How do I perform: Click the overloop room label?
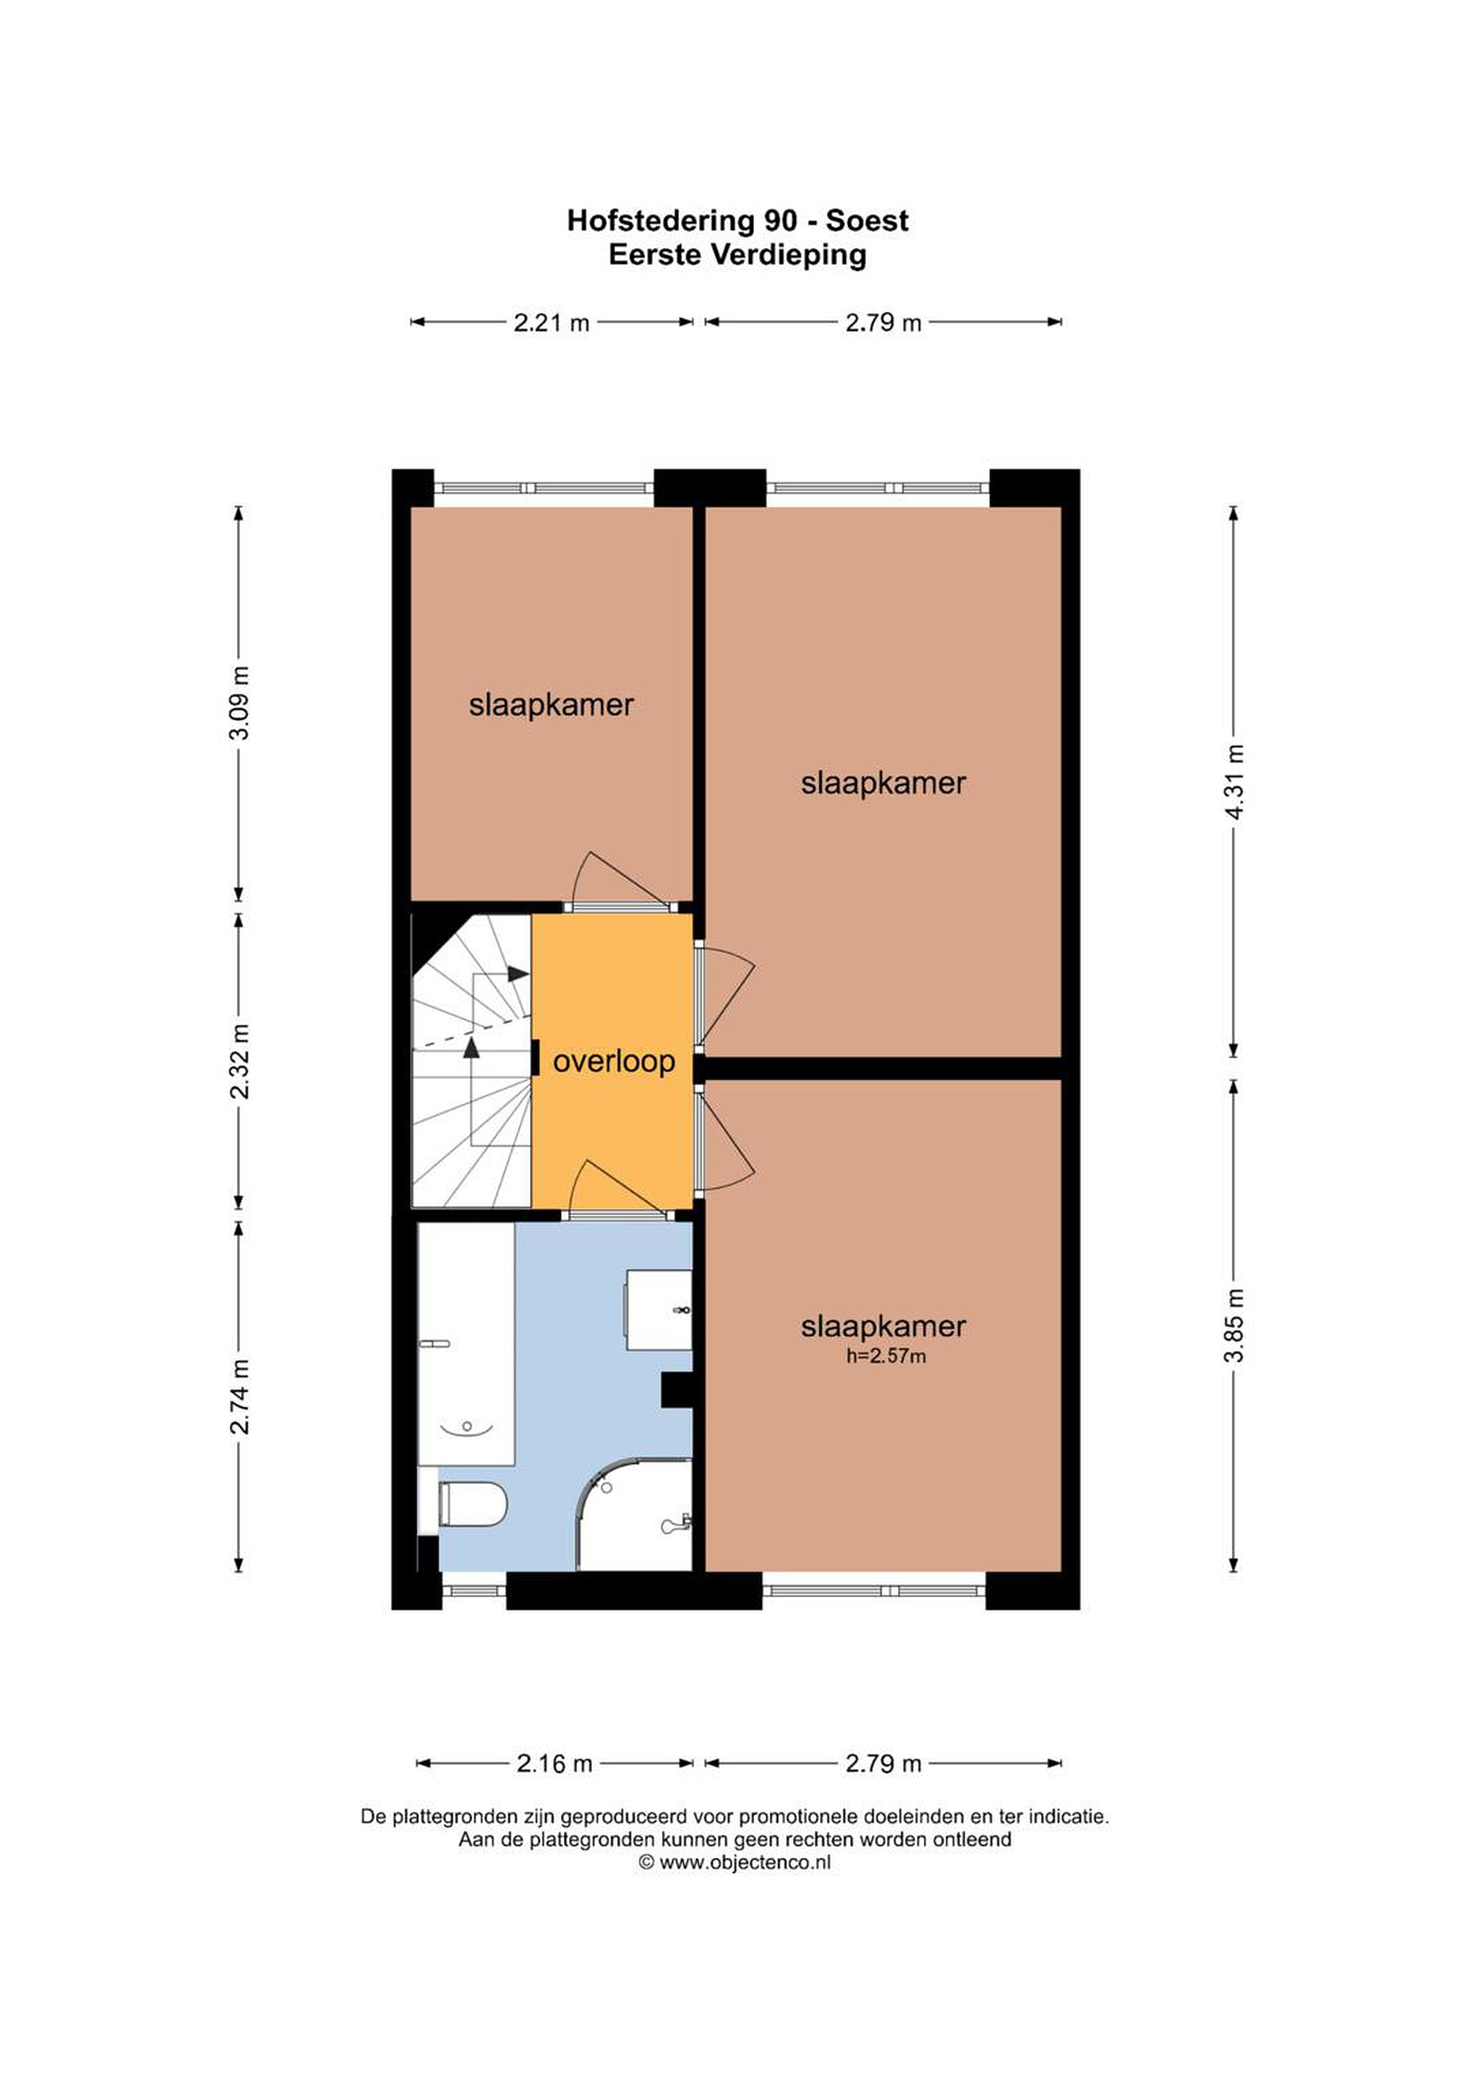[x=614, y=1061]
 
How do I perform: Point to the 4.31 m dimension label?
[x=1234, y=781]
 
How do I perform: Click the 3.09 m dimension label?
[x=239, y=703]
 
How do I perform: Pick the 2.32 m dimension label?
[x=239, y=1061]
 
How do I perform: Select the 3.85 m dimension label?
[x=1234, y=1325]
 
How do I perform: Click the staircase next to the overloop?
[x=471, y=1061]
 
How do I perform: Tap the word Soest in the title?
[x=867, y=220]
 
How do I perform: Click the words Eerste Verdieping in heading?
[x=737, y=254]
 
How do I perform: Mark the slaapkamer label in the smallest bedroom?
[x=552, y=705]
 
